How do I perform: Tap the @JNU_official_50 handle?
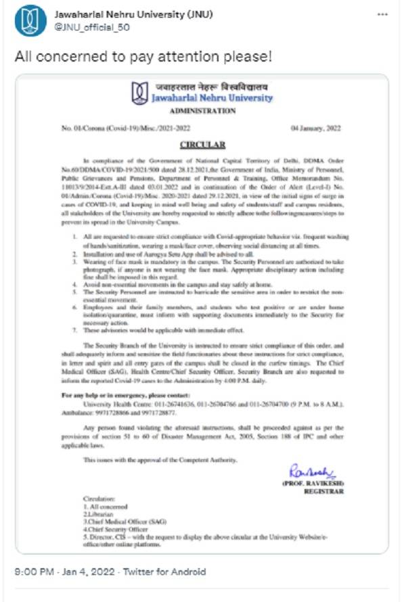point(91,28)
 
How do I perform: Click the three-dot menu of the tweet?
point(384,15)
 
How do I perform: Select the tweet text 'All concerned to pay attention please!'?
point(143,56)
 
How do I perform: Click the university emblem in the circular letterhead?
point(139,91)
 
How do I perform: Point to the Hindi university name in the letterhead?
point(210,86)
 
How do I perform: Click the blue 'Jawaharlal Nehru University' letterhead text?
point(211,98)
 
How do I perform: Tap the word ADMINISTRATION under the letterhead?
point(202,110)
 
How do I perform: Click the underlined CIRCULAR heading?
point(202,145)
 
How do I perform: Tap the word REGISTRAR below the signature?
point(321,491)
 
